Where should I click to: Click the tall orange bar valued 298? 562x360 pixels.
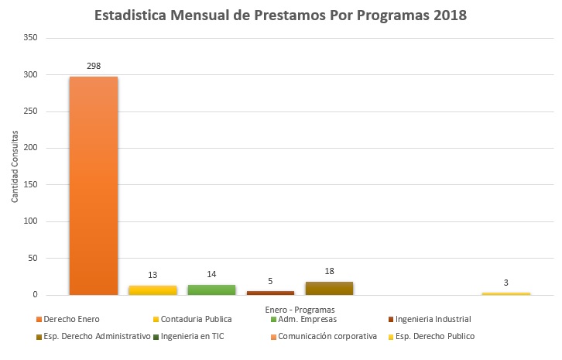point(94,186)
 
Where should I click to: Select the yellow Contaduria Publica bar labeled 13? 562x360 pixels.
point(152,290)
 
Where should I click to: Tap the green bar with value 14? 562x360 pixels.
point(211,290)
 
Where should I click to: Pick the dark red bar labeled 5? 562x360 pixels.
point(270,293)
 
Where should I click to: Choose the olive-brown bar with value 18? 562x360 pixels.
point(329,288)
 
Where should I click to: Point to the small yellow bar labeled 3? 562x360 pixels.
point(505,293)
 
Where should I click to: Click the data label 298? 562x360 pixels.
point(94,66)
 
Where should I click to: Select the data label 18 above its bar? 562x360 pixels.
point(329,272)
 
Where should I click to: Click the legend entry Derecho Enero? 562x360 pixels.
point(70,319)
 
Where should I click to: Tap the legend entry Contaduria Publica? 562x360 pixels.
point(193,319)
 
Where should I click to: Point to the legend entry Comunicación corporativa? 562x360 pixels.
point(327,336)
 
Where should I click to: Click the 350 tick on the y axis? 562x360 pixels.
point(30,38)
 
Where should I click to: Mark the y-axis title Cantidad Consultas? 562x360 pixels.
point(15,166)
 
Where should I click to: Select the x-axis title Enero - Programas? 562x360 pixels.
point(300,308)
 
